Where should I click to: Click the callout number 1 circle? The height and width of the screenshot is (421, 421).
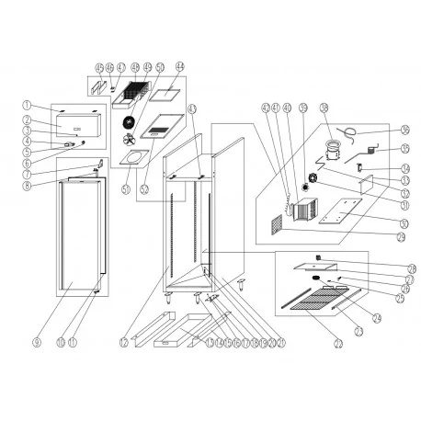pyautogui.click(x=28, y=104)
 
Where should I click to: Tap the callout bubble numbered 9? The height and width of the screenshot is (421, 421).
pyautogui.click(x=36, y=342)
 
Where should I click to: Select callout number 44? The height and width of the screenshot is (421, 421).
pyautogui.click(x=180, y=66)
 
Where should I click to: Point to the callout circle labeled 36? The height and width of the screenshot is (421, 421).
pyautogui.click(x=405, y=130)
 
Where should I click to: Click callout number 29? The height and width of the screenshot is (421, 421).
pyautogui.click(x=402, y=237)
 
